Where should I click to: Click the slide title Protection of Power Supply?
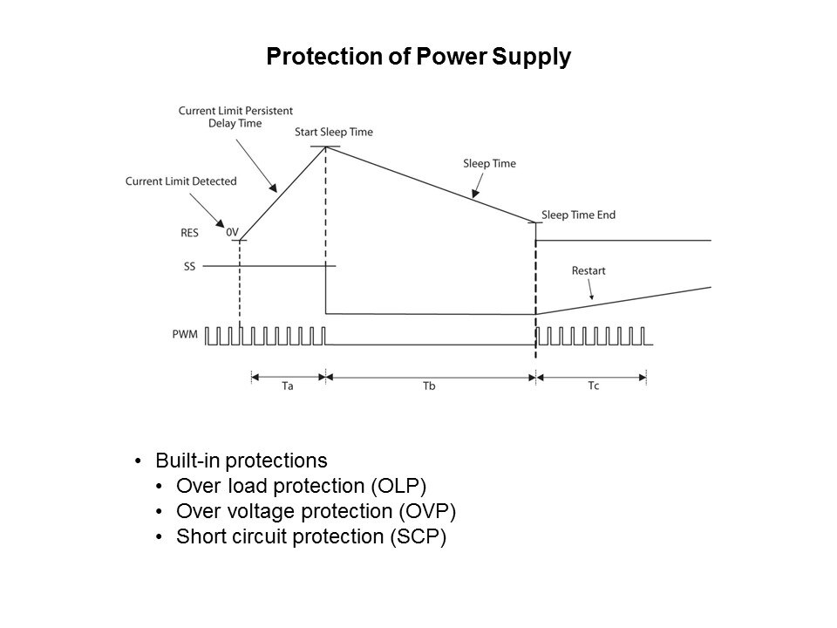(418, 58)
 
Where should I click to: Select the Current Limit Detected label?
(180, 181)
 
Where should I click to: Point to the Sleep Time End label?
(578, 215)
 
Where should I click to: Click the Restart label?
(589, 271)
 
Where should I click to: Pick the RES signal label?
(190, 233)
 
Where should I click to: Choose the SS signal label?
(189, 266)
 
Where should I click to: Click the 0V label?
(232, 233)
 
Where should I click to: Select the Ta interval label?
(288, 386)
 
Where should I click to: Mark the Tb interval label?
(428, 386)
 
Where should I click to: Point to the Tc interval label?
(592, 386)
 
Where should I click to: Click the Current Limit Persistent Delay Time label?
(235, 117)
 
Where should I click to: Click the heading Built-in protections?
(241, 459)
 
